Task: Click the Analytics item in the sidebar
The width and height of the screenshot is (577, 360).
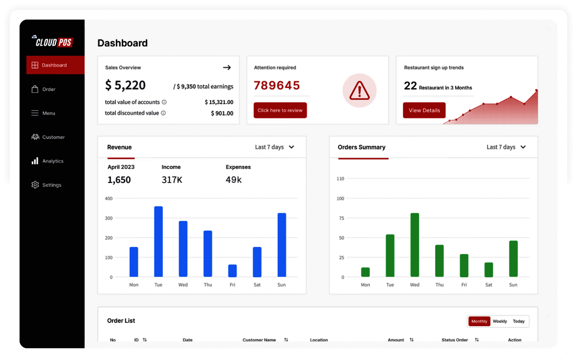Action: [x=47, y=161]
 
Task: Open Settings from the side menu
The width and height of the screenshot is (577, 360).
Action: [x=46, y=185]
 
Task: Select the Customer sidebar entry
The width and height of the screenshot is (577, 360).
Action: [x=48, y=137]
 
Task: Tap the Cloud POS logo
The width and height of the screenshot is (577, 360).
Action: [x=54, y=42]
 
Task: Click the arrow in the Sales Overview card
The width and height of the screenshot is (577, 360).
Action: [x=227, y=67]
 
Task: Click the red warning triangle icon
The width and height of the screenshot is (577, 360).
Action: [x=359, y=90]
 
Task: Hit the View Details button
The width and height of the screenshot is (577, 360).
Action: [x=424, y=111]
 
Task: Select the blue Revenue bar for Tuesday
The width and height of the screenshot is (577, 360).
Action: [x=158, y=242]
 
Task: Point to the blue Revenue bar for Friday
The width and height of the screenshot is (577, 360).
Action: [x=233, y=270]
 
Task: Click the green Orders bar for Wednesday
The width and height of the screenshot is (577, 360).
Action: [x=415, y=245]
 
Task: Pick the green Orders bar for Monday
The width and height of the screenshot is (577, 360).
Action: [x=365, y=272]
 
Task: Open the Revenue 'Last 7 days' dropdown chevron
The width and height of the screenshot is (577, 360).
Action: [x=291, y=147]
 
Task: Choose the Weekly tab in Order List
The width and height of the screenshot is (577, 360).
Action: [x=500, y=321]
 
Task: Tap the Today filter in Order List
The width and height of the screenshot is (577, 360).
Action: [x=519, y=321]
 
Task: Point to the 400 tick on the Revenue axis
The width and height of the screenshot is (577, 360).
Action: [x=109, y=199]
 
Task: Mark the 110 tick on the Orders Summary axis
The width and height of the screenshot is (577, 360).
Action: [x=340, y=179]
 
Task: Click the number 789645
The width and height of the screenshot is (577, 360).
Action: [x=277, y=86]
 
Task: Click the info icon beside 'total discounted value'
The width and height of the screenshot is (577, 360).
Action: [x=163, y=113]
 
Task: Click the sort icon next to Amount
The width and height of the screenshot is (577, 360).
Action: [x=411, y=340]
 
